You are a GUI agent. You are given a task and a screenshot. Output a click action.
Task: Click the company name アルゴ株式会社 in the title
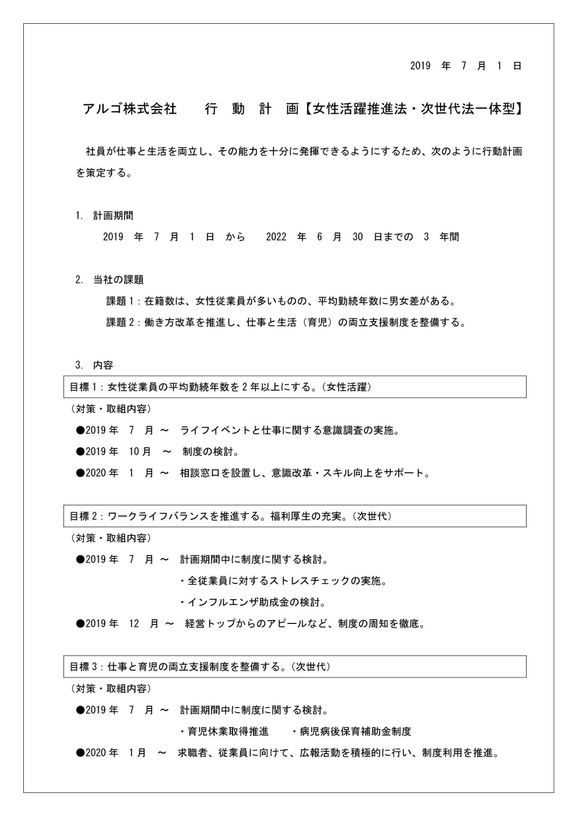[130, 109]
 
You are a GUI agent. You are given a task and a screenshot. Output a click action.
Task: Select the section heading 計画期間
[113, 216]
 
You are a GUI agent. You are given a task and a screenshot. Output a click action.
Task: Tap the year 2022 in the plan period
[276, 237]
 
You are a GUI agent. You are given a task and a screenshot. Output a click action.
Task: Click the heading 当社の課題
[118, 280]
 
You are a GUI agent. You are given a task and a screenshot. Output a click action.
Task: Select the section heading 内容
[103, 366]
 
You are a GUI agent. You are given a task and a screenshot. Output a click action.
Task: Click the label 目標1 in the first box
[83, 387]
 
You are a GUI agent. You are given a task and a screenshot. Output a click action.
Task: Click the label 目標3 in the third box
[83, 667]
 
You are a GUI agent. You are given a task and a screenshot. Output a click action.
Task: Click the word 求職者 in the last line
[193, 754]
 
